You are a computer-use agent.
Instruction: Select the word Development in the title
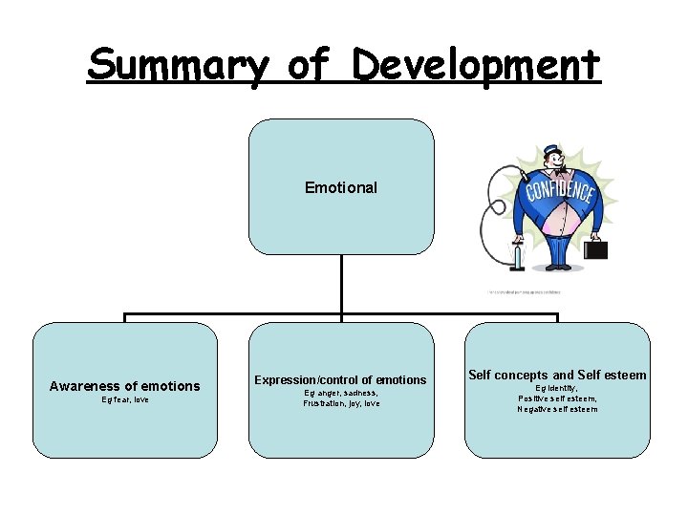click(476, 65)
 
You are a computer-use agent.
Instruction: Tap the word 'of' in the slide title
click(307, 65)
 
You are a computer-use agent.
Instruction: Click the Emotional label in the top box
click(341, 188)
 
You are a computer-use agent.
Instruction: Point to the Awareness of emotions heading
click(125, 386)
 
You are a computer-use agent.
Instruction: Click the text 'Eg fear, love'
click(125, 399)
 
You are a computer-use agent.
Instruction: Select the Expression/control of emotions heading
click(341, 379)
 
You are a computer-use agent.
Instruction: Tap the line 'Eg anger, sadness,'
click(341, 393)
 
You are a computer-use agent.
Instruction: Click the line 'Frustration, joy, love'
click(341, 403)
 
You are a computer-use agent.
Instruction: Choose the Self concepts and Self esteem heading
click(558, 376)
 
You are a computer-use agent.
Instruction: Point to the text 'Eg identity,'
click(558, 389)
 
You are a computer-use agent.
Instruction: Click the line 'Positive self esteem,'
click(558, 398)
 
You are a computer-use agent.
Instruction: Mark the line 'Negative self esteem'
click(558, 409)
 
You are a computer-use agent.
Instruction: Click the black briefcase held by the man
click(596, 249)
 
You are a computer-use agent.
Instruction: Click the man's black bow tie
click(552, 176)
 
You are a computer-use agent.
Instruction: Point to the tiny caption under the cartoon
click(523, 292)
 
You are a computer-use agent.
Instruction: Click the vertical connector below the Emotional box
click(341, 284)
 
